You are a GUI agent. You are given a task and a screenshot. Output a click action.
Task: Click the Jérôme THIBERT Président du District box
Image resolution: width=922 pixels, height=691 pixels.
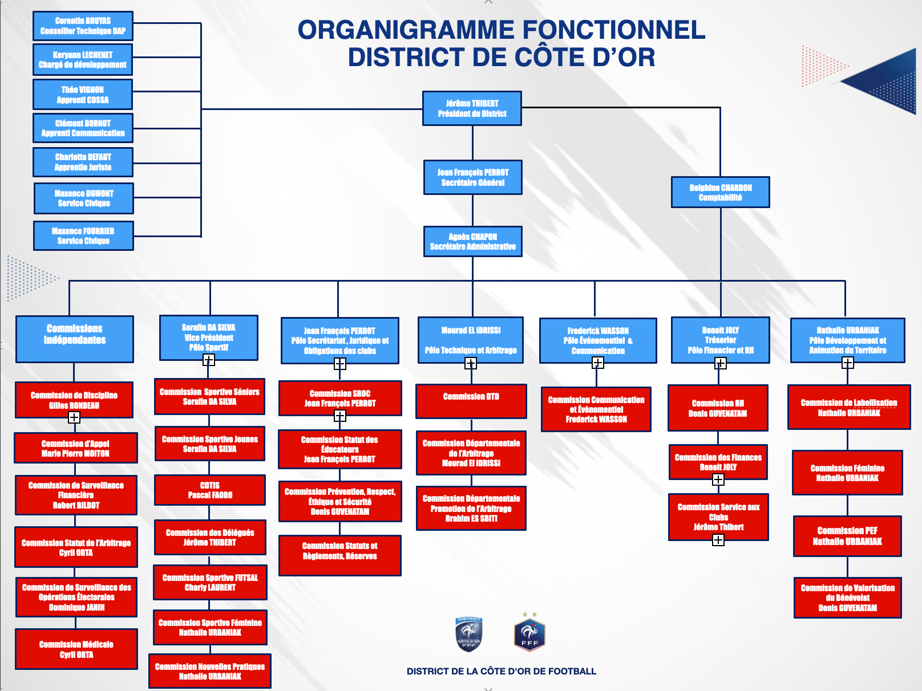click(x=472, y=108)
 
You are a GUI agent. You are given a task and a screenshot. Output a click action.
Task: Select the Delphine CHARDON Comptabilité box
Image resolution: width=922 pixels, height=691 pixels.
click(x=721, y=192)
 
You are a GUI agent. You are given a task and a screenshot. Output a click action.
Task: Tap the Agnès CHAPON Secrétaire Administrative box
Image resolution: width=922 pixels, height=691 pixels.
click(x=472, y=241)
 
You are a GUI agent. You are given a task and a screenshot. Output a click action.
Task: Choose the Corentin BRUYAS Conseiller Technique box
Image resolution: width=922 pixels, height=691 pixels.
click(x=83, y=26)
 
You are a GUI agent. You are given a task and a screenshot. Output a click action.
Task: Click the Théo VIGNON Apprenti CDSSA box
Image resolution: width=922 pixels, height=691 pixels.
click(x=83, y=94)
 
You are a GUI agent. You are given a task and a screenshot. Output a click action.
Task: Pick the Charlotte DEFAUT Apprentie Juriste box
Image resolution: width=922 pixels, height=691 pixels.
click(x=83, y=162)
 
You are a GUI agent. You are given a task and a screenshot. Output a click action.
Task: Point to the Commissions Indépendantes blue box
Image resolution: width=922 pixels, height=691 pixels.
click(x=75, y=339)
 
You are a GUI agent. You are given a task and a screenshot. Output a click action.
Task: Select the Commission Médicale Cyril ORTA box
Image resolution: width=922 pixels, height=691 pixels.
click(x=76, y=649)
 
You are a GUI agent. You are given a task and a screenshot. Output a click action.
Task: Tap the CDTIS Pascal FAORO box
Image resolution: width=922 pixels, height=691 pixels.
click(x=210, y=490)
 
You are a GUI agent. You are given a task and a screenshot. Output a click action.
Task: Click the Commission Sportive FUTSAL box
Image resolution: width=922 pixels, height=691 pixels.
click(x=210, y=582)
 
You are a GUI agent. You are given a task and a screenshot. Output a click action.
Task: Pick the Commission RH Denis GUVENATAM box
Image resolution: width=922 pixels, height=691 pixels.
click(x=718, y=408)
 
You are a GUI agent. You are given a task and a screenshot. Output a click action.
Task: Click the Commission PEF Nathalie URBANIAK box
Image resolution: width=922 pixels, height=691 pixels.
click(x=847, y=535)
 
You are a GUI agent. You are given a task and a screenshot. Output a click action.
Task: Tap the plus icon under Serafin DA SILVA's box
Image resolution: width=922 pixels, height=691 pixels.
click(x=209, y=360)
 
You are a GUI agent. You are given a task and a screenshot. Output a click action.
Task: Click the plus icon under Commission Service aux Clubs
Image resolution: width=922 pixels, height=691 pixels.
click(x=718, y=540)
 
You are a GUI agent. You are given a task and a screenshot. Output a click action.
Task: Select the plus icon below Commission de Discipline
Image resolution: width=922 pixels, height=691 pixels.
click(x=74, y=417)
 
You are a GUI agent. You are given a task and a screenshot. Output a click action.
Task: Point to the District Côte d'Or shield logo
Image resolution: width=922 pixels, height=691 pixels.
click(x=469, y=634)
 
